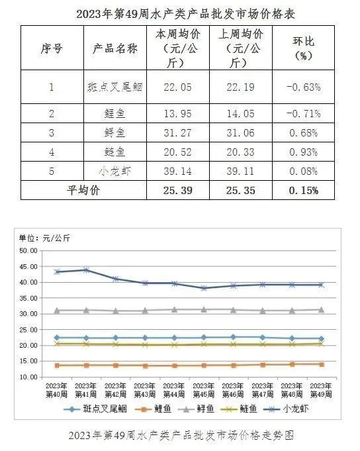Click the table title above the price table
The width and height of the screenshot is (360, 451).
point(185,14)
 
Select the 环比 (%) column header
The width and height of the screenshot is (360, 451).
point(303,48)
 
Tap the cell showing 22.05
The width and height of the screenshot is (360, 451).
point(177,87)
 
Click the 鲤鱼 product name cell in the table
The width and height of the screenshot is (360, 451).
point(114,114)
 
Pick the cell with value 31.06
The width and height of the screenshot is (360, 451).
point(240,133)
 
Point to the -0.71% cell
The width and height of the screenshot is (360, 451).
point(303,114)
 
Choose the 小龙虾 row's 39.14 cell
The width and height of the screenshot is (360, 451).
point(177,172)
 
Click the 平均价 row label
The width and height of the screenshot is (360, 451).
point(83,190)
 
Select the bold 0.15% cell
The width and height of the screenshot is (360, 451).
point(303,191)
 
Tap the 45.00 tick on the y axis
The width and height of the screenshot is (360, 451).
point(28,267)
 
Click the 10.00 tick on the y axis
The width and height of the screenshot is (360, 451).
point(28,377)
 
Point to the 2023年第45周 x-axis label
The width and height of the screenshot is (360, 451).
point(204,390)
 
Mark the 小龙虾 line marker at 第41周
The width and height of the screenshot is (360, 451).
point(86,270)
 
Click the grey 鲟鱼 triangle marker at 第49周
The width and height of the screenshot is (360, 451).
point(322,310)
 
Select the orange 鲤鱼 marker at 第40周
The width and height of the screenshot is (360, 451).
point(57,366)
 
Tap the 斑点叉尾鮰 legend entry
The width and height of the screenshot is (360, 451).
point(95,409)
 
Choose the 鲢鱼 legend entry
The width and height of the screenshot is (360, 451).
point(239,409)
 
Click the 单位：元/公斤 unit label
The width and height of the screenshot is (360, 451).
point(44,238)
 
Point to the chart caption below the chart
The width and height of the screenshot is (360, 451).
point(181,435)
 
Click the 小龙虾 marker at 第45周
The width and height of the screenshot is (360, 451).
point(204,288)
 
